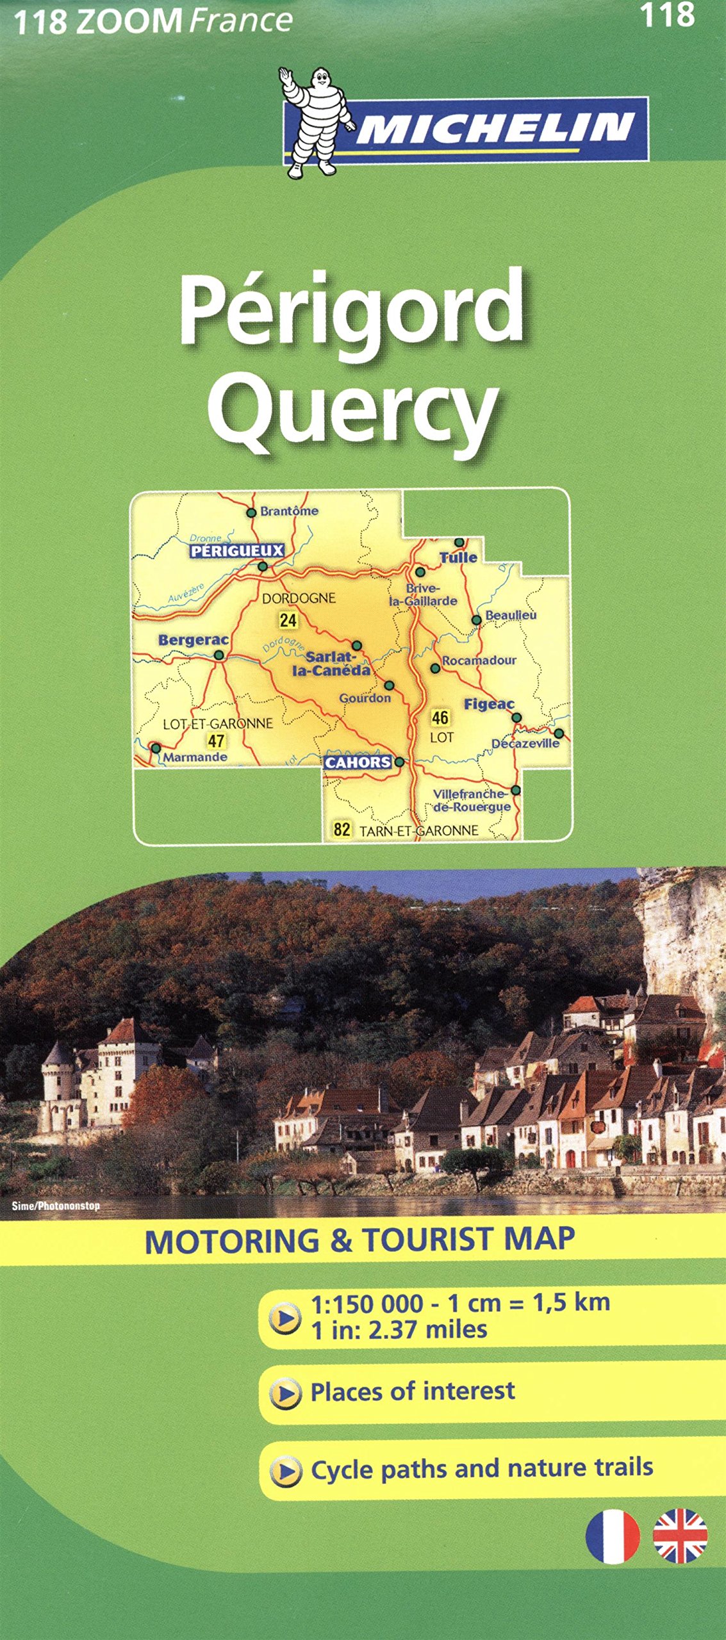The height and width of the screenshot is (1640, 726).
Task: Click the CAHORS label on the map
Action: click(358, 762)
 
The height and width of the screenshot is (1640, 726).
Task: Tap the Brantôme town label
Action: click(289, 511)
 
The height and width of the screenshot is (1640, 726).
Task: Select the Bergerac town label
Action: click(193, 640)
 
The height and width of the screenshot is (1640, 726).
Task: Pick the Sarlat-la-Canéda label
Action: click(331, 664)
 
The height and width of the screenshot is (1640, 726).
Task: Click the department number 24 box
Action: click(288, 619)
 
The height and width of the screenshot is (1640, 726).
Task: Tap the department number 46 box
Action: click(440, 717)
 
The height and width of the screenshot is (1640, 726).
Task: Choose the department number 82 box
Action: click(342, 830)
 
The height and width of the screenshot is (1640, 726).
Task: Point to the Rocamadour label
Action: click(479, 660)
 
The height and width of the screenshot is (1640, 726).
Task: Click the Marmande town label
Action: click(195, 757)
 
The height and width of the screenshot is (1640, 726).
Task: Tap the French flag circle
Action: click(613, 1536)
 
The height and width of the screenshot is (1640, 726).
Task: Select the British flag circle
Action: click(680, 1536)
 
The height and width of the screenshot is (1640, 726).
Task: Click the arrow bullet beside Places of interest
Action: click(285, 1394)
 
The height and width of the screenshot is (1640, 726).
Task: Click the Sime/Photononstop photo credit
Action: click(56, 1206)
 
